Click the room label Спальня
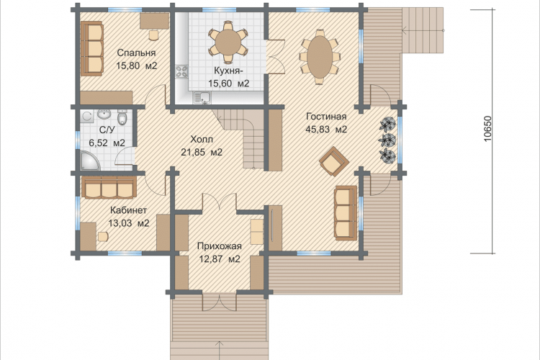(136, 53)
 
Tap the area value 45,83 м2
(326, 130)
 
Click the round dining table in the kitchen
(228, 42)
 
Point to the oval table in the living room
(320, 57)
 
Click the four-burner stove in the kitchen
(181, 72)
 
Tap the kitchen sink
(202, 97)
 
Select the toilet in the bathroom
(122, 117)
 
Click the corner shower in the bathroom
(89, 160)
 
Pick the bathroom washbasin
(103, 114)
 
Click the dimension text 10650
(488, 128)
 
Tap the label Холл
(202, 140)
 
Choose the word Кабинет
(128, 210)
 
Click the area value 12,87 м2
(220, 258)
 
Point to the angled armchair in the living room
(334, 161)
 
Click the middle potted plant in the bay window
(387, 140)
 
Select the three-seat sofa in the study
(109, 188)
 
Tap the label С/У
(107, 130)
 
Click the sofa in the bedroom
(92, 48)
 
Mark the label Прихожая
(220, 246)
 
